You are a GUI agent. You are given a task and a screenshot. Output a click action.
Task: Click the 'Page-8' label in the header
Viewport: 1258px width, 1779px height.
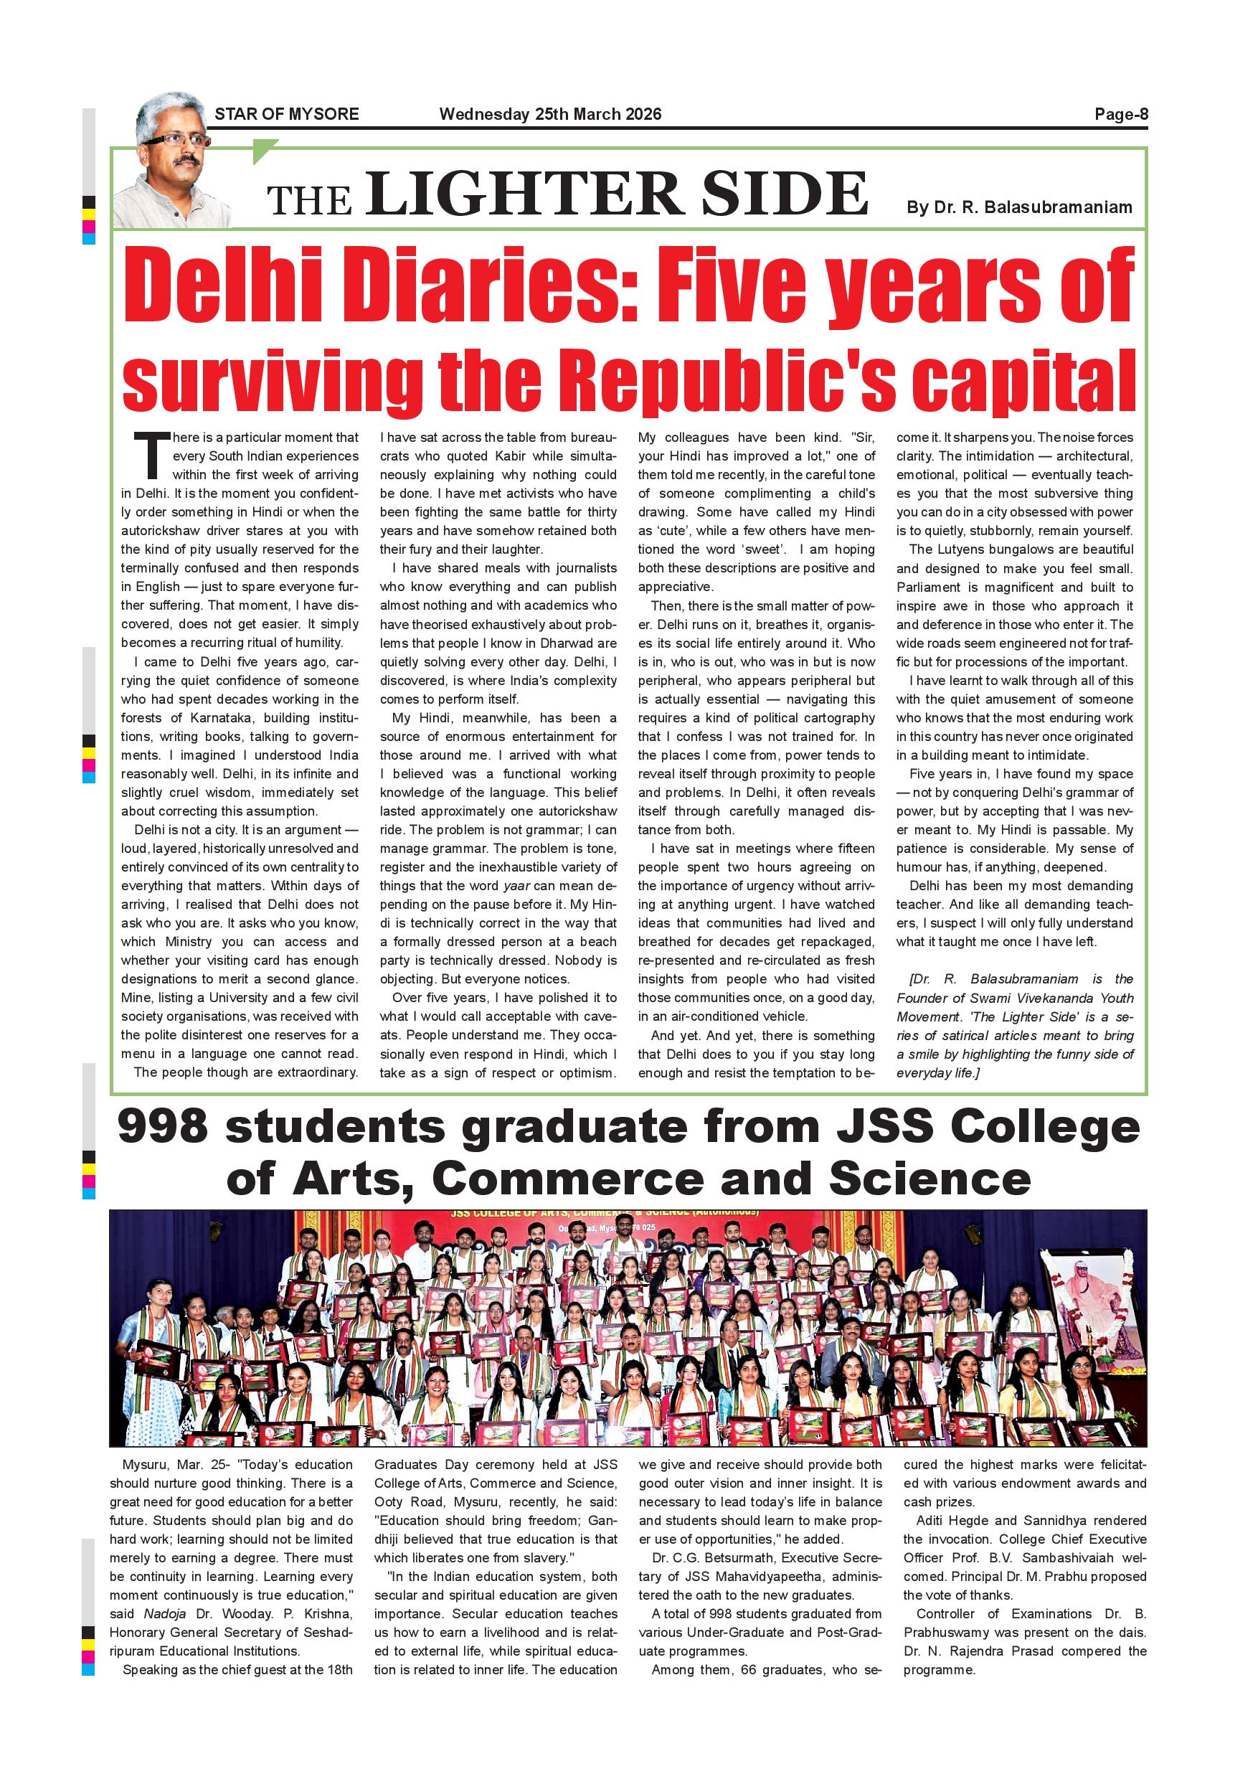point(1120,115)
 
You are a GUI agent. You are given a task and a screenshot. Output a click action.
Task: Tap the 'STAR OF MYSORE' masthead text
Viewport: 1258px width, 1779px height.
point(287,115)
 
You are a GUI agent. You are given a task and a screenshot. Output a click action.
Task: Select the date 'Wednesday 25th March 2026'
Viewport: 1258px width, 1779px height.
point(550,115)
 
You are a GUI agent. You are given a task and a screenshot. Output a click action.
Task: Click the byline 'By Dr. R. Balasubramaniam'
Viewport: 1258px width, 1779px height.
point(1019,207)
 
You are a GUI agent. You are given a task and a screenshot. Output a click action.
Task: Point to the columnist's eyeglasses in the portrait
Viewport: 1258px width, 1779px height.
point(176,141)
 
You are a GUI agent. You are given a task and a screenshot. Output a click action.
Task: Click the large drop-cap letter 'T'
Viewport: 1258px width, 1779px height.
point(151,456)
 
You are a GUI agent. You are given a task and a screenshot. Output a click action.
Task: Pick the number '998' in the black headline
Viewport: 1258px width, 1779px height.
point(163,1127)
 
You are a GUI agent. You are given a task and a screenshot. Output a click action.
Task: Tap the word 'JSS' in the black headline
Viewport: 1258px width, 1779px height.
point(884,1127)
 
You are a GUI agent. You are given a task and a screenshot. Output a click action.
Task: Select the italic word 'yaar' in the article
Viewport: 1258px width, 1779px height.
point(517,886)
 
